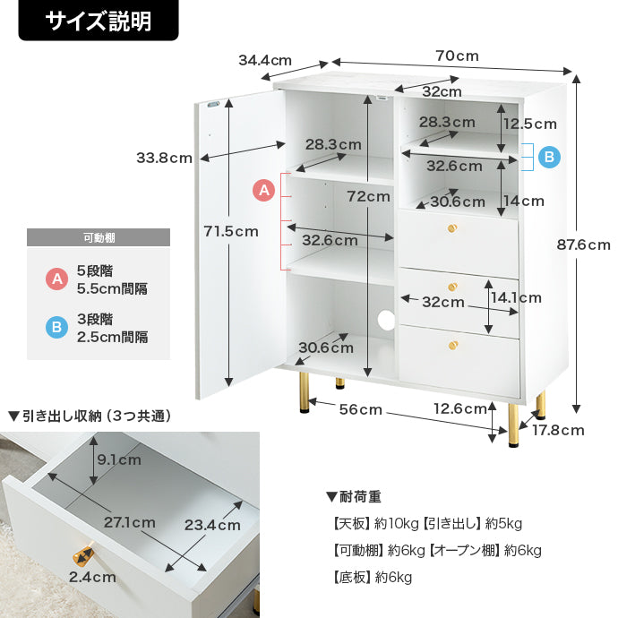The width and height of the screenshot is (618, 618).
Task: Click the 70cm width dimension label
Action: pyautogui.click(x=457, y=56)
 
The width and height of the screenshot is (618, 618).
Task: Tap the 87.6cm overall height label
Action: pyautogui.click(x=583, y=245)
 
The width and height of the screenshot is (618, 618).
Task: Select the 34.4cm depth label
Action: pyautogui.click(x=265, y=60)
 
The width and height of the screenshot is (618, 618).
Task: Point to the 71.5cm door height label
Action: pyautogui.click(x=231, y=231)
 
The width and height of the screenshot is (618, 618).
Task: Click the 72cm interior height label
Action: pyautogui.click(x=368, y=196)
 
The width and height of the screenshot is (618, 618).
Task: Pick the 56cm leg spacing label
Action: pyautogui.click(x=361, y=409)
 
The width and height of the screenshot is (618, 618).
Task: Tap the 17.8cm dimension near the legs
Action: pyautogui.click(x=558, y=430)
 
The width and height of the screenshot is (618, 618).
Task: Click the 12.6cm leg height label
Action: pyautogui.click(x=460, y=408)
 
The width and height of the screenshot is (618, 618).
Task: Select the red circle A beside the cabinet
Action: pyautogui.click(x=263, y=190)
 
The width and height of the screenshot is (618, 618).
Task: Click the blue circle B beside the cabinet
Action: pyautogui.click(x=549, y=157)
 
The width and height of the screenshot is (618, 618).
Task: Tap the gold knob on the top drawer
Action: pyautogui.click(x=452, y=228)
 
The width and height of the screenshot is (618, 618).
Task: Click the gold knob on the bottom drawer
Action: pyautogui.click(x=453, y=345)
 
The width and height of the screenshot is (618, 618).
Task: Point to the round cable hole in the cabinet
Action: pyautogui.click(x=386, y=320)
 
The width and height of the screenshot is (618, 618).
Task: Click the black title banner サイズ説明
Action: pyautogui.click(x=99, y=20)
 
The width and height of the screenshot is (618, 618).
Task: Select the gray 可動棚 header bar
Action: pyautogui.click(x=99, y=237)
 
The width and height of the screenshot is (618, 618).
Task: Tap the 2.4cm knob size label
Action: pyautogui.click(x=92, y=577)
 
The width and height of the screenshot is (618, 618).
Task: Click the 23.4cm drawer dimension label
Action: pyautogui.click(x=212, y=525)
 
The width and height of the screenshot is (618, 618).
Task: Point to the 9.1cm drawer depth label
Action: pyautogui.click(x=119, y=459)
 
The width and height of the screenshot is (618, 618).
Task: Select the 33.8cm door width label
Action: pyautogui.click(x=165, y=158)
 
